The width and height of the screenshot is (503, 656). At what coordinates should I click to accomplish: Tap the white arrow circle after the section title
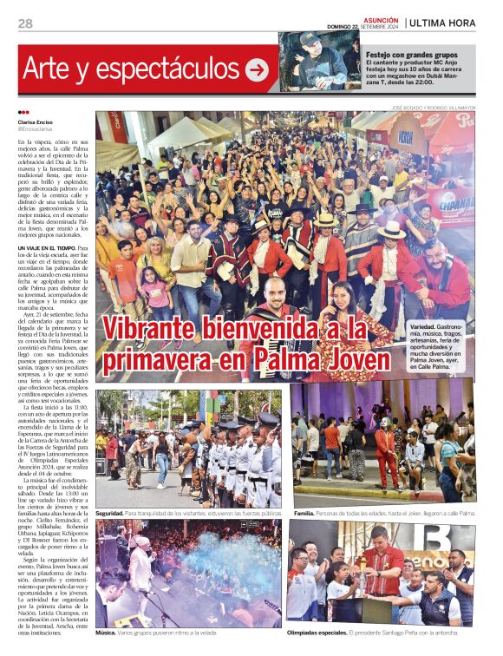[x=257, y=70]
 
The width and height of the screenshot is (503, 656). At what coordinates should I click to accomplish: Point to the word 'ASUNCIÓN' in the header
[x=381, y=19]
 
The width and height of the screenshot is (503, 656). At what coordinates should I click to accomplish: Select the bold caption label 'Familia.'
[x=304, y=514]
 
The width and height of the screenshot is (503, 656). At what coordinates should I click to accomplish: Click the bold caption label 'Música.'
[x=106, y=633]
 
